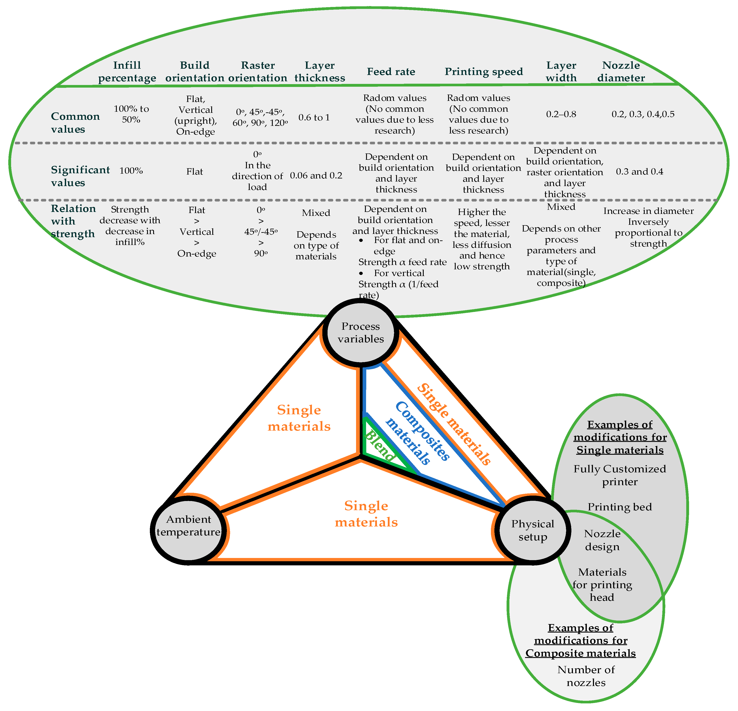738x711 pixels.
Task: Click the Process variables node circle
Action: click(x=361, y=333)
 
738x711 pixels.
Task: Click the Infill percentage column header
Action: click(x=127, y=72)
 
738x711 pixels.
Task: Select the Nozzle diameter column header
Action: click(x=621, y=72)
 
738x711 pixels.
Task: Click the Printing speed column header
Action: click(x=484, y=72)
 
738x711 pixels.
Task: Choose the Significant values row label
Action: click(x=80, y=176)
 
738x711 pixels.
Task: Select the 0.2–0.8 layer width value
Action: click(x=561, y=114)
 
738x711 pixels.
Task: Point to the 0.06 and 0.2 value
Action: click(x=316, y=175)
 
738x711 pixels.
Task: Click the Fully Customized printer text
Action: click(x=620, y=475)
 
